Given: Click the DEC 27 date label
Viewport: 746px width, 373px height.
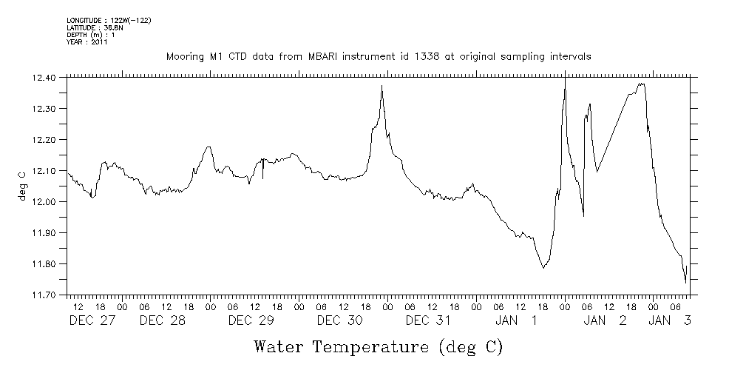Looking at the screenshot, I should pos(92,321).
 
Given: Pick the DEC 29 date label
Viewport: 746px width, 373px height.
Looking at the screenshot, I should pos(251,321).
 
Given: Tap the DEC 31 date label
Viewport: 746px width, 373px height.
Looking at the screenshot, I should pos(428,321).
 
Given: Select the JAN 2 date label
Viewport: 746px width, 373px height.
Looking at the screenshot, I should pos(605,321).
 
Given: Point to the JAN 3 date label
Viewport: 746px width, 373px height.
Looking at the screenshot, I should pos(670,321).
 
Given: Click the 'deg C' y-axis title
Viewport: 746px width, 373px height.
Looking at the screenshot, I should pos(23,185).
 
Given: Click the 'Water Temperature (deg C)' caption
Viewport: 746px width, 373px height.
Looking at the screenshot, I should pos(379,346).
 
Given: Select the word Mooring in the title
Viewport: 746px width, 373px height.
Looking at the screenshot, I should pos(183,57).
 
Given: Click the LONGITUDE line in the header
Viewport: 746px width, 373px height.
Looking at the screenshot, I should pos(109,20).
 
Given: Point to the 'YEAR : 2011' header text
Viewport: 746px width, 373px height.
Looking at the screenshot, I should pos(87,42).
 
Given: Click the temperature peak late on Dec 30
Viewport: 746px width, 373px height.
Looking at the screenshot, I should pos(382,86).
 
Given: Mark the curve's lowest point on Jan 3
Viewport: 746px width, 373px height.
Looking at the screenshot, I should pos(685,283).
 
